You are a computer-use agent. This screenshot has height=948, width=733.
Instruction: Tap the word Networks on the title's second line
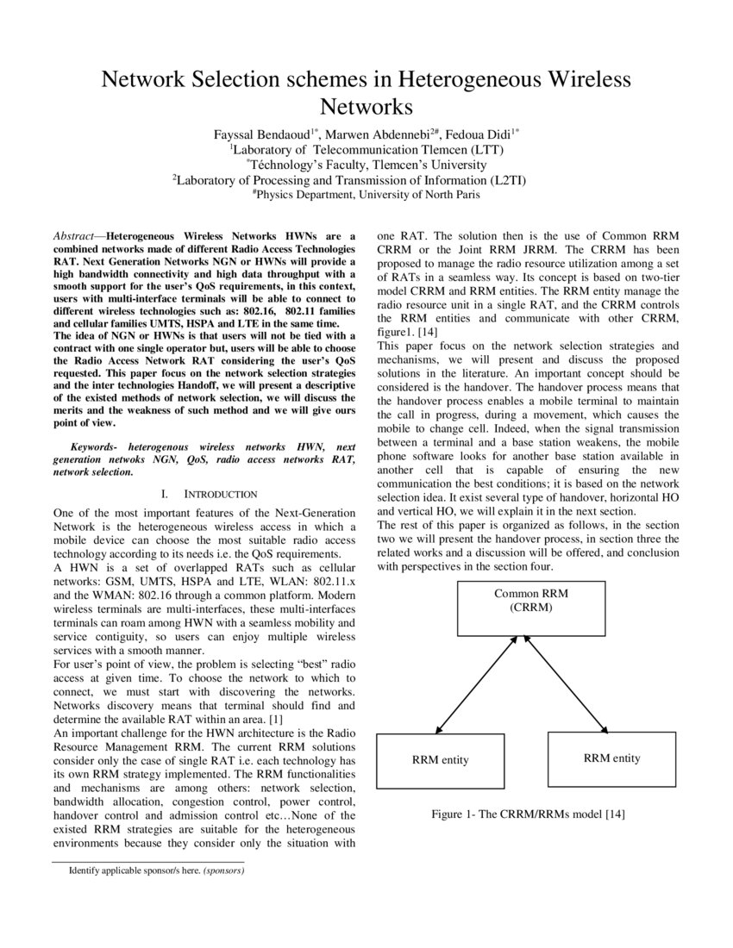(366, 107)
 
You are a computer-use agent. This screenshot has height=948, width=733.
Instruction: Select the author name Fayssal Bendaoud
(266, 134)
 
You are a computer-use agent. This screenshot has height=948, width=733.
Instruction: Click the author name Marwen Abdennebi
(380, 134)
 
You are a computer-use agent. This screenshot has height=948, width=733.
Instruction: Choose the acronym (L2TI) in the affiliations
(509, 180)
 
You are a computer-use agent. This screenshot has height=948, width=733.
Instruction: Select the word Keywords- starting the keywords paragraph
(95, 447)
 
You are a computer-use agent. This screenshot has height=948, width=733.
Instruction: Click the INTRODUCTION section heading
(220, 494)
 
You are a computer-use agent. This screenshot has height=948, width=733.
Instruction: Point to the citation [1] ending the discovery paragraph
(275, 719)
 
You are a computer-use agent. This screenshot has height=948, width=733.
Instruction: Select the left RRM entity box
(440, 759)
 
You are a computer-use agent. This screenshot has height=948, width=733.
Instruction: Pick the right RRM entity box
(611, 758)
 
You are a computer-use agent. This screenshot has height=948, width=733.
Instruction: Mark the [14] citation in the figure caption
(615, 814)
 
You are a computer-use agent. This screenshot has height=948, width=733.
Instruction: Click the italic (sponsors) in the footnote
(224, 870)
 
